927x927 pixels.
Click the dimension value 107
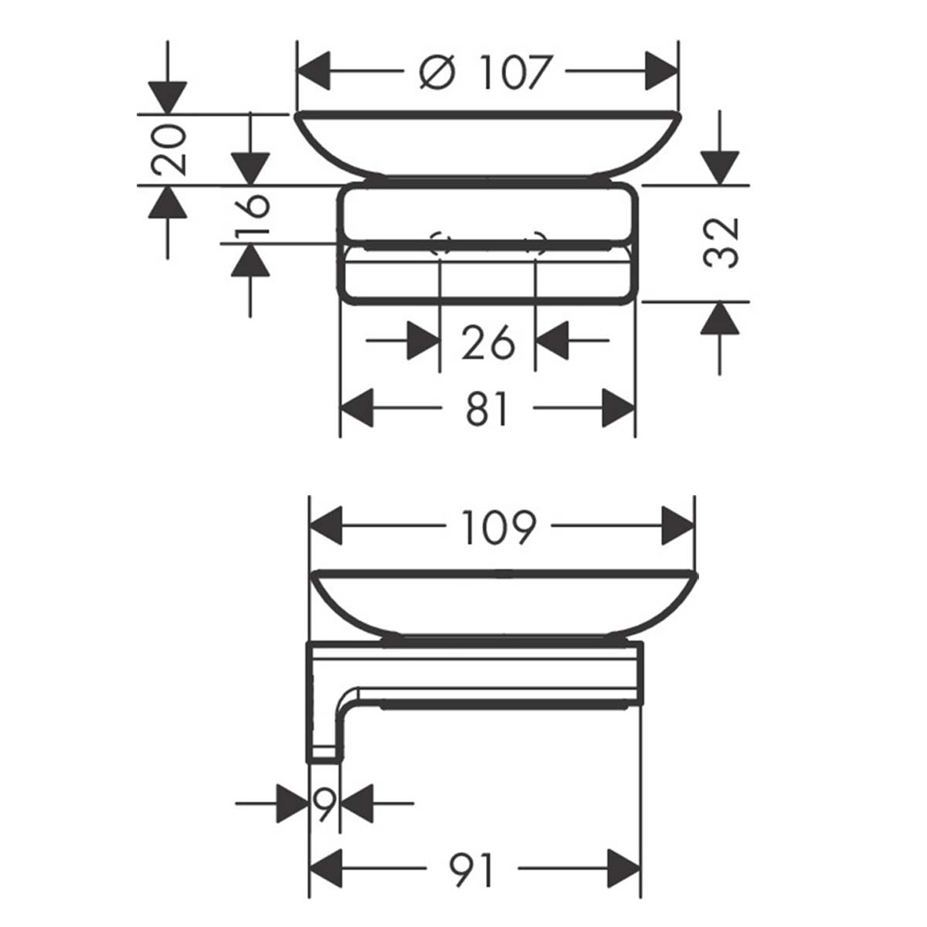(517, 73)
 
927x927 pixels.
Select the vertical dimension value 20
(168, 150)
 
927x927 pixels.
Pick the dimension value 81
(487, 409)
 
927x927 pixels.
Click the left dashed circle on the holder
(440, 244)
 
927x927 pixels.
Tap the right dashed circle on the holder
(535, 244)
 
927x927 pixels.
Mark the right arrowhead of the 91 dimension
(623, 871)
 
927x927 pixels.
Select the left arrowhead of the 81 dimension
(358, 409)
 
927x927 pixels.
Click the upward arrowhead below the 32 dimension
(720, 317)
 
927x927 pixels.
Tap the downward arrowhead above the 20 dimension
(168, 97)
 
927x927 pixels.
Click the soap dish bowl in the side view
(502, 603)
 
